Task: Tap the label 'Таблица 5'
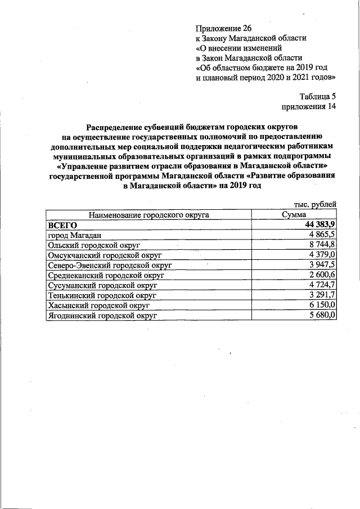pos(317,96)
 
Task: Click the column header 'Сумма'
pos(294,215)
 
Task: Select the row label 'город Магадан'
pos(74,235)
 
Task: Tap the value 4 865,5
pos(322,235)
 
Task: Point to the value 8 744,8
pos(322,245)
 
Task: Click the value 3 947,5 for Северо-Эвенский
pos(322,265)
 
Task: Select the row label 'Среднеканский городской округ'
pos(106,275)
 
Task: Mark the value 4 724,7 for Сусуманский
pos(322,285)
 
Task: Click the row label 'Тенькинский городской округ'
pos(102,295)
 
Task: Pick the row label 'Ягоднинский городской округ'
pos(102,316)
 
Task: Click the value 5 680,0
pos(322,316)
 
